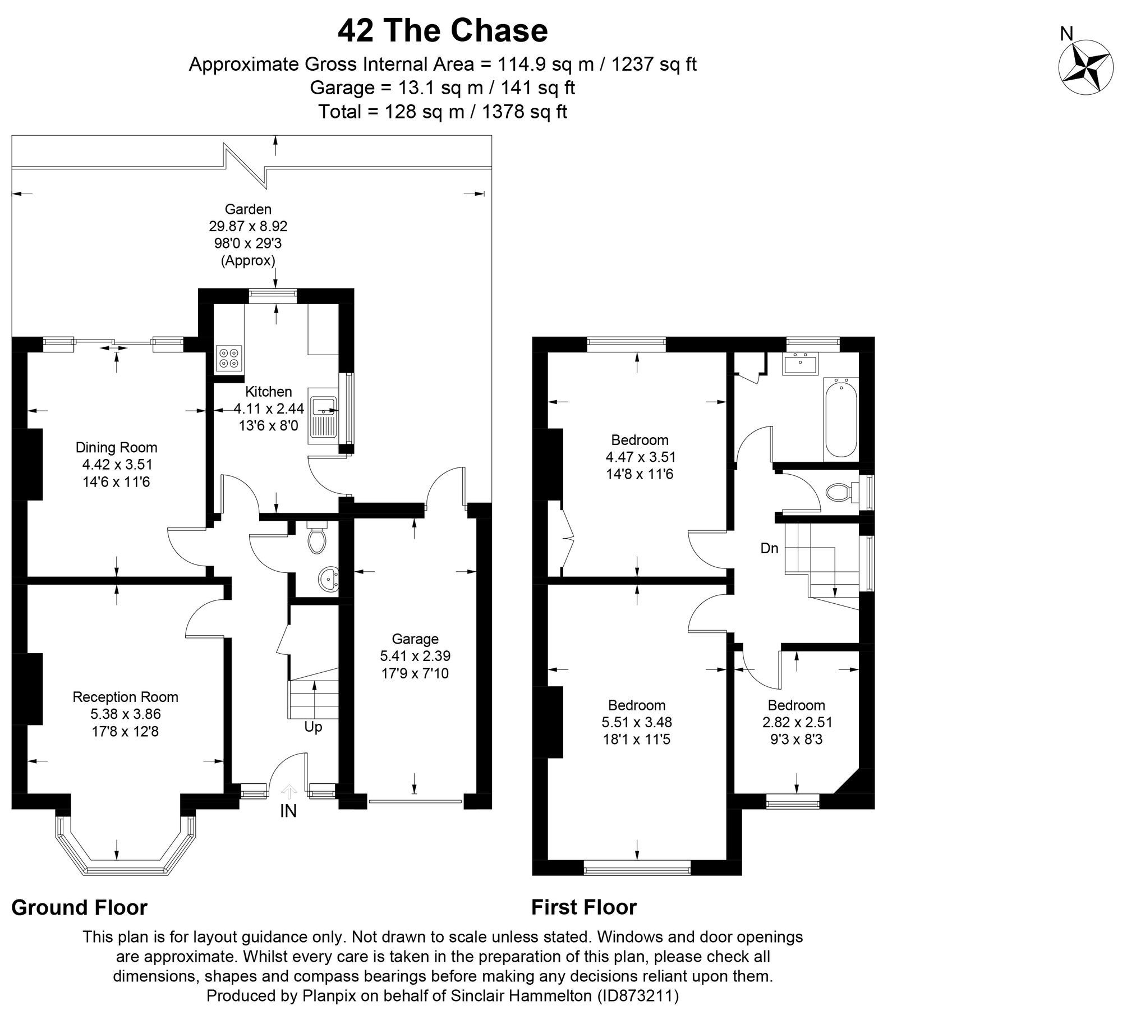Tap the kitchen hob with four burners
229,358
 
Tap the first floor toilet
839,493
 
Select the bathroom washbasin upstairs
801,364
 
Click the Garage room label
415,639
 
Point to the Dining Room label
117,447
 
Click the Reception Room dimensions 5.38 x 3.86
125,714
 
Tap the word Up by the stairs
313,727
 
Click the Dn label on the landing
769,548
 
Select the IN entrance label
288,811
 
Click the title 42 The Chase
443,31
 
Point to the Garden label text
248,209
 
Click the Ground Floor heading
79,907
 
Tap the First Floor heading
584,907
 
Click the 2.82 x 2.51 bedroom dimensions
796,722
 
